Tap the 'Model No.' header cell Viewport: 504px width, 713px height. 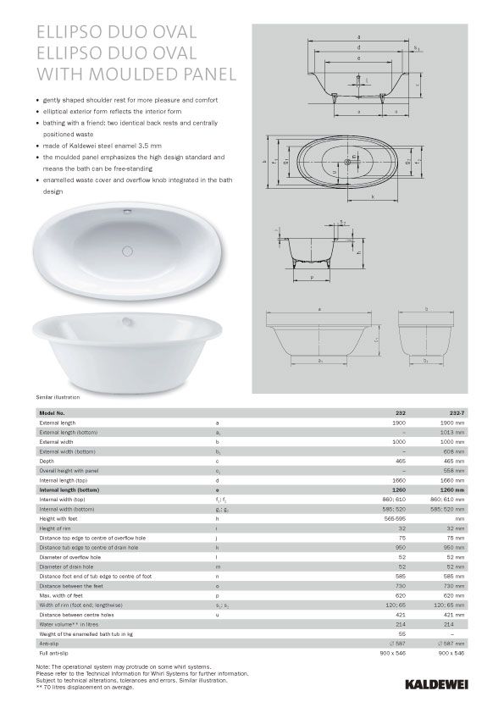click(53, 412)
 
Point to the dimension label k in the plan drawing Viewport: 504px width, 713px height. click(373, 196)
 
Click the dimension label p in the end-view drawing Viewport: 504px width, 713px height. click(313, 276)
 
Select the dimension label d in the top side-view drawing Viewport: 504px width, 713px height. click(359, 48)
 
